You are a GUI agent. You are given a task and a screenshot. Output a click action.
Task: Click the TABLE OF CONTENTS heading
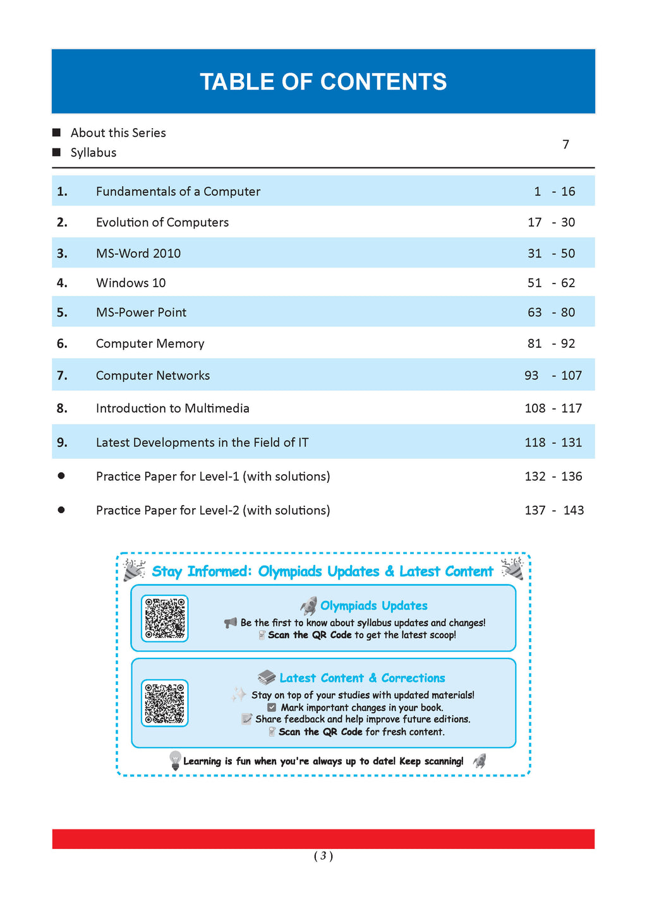pyautogui.click(x=323, y=82)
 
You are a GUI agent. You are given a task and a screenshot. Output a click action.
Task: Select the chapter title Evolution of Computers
pyautogui.click(x=162, y=222)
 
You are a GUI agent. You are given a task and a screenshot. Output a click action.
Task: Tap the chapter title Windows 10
pyautogui.click(x=131, y=283)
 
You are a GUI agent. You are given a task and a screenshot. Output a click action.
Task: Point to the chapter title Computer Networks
pyautogui.click(x=153, y=376)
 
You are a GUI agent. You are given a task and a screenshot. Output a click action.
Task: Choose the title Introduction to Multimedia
pyautogui.click(x=172, y=408)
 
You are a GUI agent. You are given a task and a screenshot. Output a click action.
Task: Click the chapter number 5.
pyautogui.click(x=62, y=312)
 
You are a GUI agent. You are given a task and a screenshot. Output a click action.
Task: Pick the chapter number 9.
pyautogui.click(x=62, y=443)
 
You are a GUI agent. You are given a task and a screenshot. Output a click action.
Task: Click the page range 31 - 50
pyautogui.click(x=551, y=253)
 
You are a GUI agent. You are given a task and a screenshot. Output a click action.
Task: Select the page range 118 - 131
pyautogui.click(x=553, y=443)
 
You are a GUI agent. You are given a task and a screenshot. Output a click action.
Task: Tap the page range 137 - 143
pyautogui.click(x=554, y=510)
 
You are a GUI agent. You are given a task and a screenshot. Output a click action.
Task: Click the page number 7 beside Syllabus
pyautogui.click(x=565, y=145)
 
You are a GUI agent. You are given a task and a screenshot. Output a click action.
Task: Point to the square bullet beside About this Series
pyautogui.click(x=57, y=133)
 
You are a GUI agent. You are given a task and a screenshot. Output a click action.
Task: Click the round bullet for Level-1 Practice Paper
pyautogui.click(x=61, y=476)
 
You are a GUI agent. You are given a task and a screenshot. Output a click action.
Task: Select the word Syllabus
pyautogui.click(x=94, y=153)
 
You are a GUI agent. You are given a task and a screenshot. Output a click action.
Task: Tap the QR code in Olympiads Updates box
pyautogui.click(x=164, y=618)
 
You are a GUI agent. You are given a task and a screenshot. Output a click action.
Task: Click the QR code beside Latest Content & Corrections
pyautogui.click(x=164, y=703)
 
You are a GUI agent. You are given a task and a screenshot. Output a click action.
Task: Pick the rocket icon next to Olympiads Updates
pyautogui.click(x=309, y=606)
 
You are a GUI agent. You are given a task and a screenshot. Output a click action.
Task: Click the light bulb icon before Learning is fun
pyautogui.click(x=176, y=760)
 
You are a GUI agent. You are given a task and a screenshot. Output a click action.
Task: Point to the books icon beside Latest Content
pyautogui.click(x=267, y=677)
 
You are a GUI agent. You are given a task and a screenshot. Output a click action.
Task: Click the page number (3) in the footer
pyautogui.click(x=323, y=856)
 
